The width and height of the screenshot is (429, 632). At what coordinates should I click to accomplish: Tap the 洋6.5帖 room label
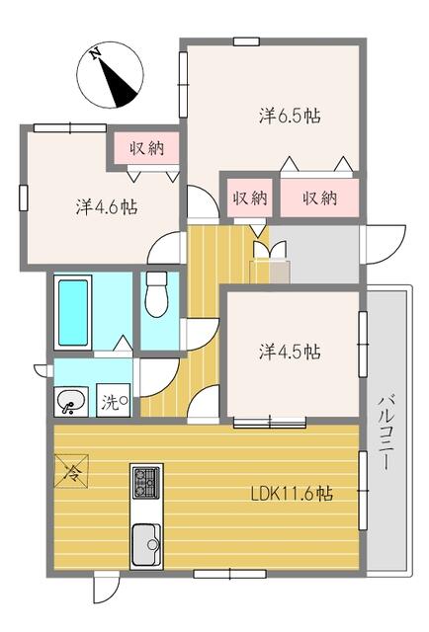(290, 116)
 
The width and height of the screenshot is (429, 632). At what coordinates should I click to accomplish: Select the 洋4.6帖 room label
(106, 207)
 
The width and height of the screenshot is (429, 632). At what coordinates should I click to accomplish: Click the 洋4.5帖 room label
(290, 352)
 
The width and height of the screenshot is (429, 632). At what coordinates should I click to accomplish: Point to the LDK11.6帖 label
(290, 493)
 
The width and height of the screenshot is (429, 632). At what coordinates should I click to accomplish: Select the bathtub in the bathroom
(74, 313)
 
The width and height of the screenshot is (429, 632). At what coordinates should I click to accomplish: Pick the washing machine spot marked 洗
(116, 402)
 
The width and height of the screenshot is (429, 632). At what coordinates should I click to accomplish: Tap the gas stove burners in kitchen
(146, 483)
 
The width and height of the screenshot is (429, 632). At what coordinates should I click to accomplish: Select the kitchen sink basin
(146, 542)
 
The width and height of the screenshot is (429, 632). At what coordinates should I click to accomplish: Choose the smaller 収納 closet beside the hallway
(250, 197)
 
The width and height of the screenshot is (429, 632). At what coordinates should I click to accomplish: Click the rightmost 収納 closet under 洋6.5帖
(320, 197)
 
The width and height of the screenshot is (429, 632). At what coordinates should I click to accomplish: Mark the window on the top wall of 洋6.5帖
(246, 40)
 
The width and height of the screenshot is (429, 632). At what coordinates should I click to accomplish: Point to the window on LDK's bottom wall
(215, 573)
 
